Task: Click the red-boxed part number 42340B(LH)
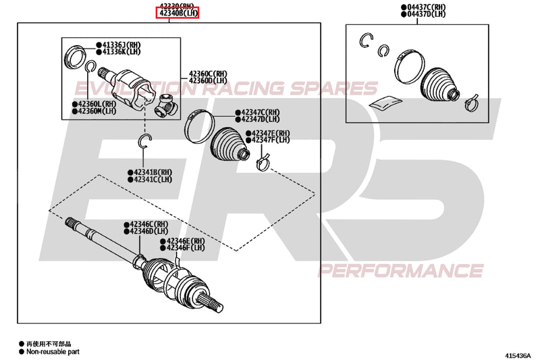[x=178, y=13]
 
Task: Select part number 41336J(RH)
[x=124, y=45]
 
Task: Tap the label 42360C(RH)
[x=209, y=74]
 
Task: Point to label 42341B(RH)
[x=152, y=172]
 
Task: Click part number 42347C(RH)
[x=261, y=112]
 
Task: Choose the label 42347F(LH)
[x=271, y=140]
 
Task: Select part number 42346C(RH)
[x=148, y=224]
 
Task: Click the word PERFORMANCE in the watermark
[x=401, y=271]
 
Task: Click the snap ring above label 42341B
[x=144, y=140]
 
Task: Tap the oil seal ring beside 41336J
[x=76, y=56]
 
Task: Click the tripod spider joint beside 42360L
[x=165, y=104]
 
